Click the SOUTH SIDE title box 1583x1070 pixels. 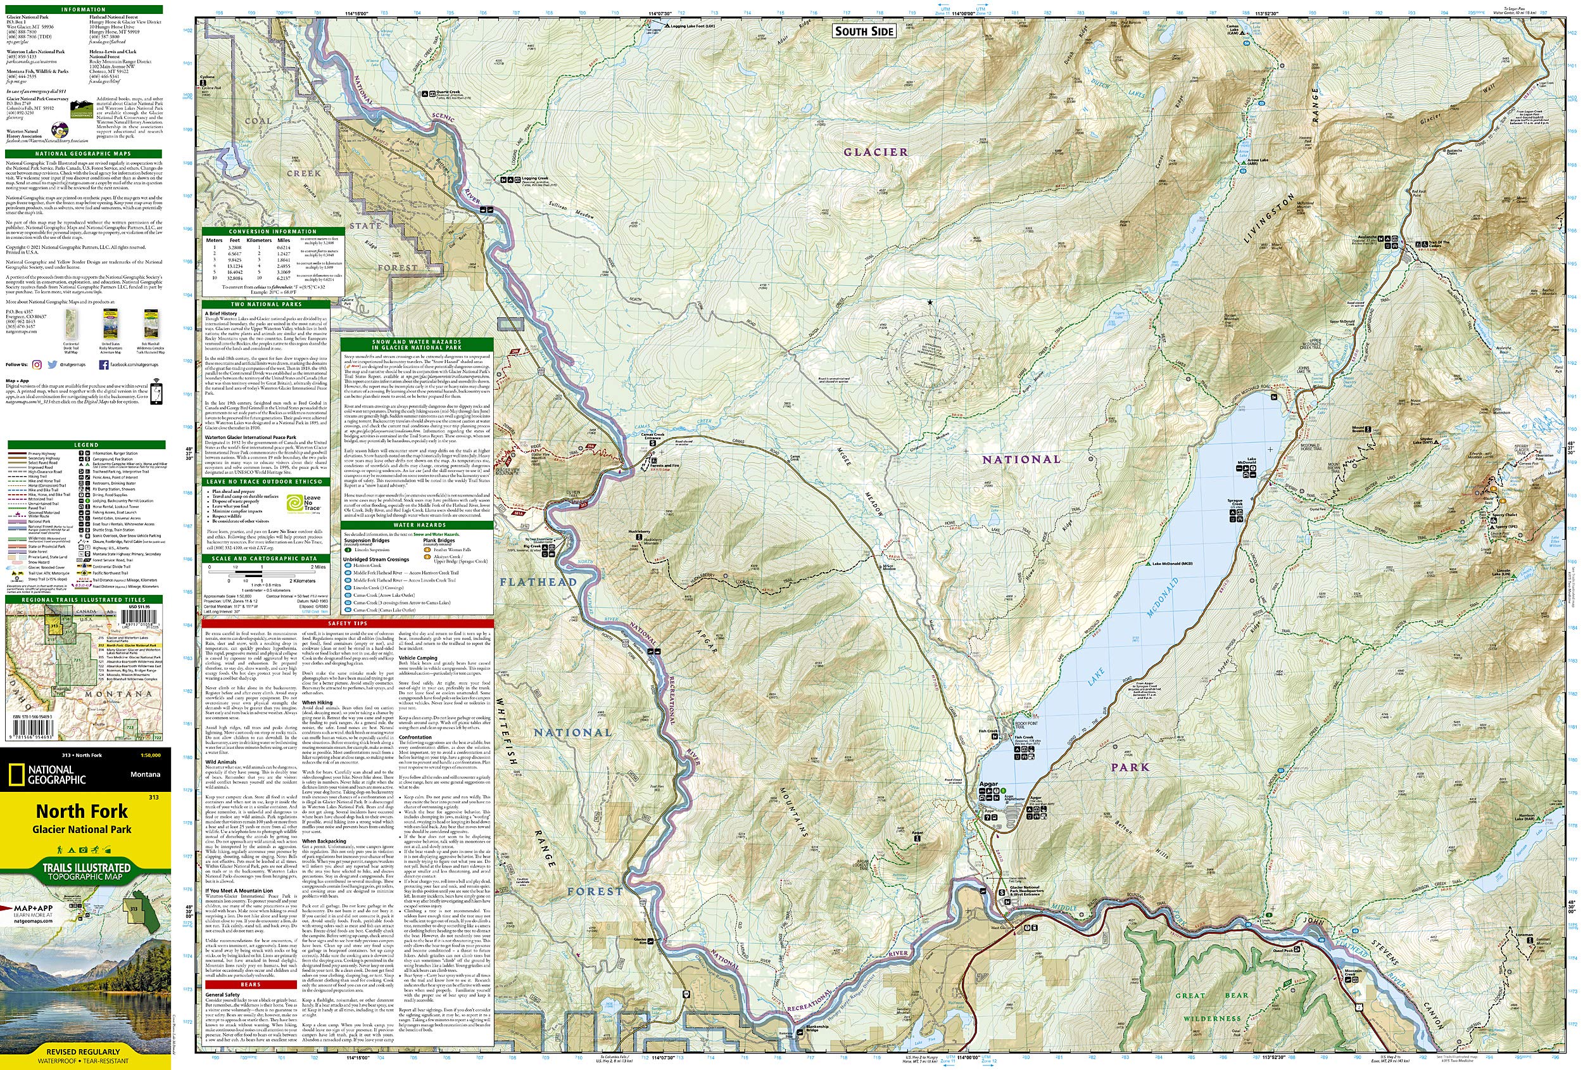pyautogui.click(x=864, y=30)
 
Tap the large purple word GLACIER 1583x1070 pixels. pyautogui.click(x=875, y=152)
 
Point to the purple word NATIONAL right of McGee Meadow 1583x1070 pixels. pyautogui.click(x=1021, y=459)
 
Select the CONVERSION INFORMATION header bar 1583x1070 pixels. pyautogui.click(x=272, y=231)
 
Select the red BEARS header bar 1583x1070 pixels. pyautogui.click(x=251, y=984)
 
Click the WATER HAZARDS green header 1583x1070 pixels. pyautogui.click(x=416, y=525)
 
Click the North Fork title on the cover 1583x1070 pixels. pyautogui.click(x=82, y=811)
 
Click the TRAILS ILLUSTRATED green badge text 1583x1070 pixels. pyautogui.click(x=87, y=867)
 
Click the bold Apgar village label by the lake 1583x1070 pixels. pyautogui.click(x=988, y=784)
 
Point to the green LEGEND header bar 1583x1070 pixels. pyautogui.click(x=87, y=444)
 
